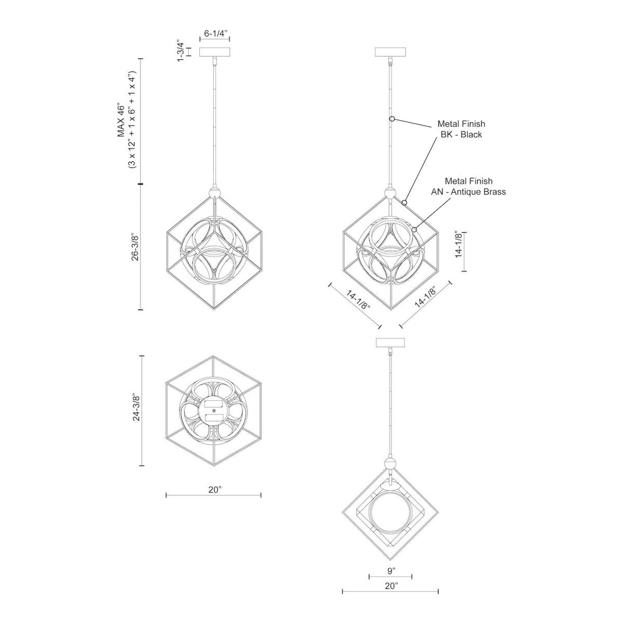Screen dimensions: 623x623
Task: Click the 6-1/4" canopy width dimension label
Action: click(x=214, y=34)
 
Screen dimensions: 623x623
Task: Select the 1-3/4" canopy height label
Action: click(x=181, y=51)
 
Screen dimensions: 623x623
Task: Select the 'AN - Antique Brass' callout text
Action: click(x=468, y=192)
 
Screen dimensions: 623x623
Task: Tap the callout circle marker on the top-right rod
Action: click(x=392, y=119)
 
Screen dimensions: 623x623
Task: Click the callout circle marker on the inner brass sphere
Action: click(x=414, y=229)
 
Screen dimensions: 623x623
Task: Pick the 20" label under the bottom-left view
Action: click(x=213, y=489)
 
